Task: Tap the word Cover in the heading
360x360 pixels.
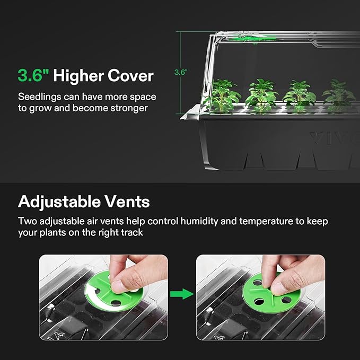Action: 130,76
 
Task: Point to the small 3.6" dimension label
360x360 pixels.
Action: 181,73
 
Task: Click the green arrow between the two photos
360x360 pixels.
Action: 182,293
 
